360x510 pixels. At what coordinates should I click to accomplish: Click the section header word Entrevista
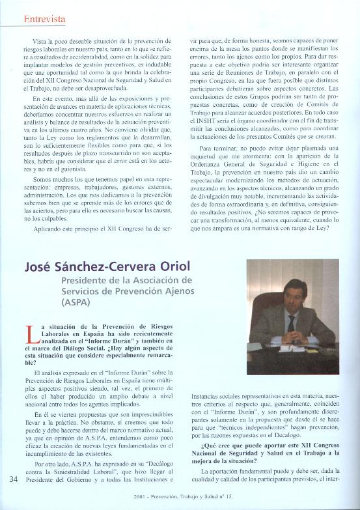44,19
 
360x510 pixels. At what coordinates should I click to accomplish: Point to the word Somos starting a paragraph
40,179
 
